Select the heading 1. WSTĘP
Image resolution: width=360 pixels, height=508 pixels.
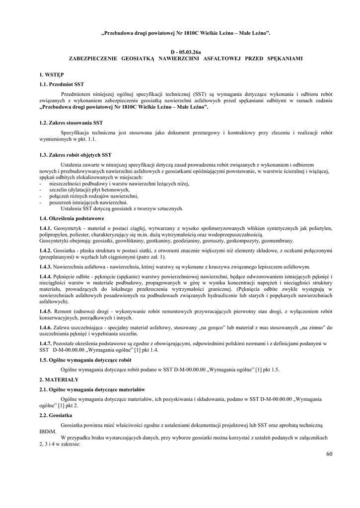tap(51, 75)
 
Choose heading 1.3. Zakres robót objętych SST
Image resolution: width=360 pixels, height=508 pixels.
tap(75, 155)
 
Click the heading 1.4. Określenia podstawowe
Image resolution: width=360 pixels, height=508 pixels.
tap(71, 218)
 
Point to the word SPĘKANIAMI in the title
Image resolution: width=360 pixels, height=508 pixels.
tap(285, 58)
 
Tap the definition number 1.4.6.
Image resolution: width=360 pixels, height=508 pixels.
tap(46, 328)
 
